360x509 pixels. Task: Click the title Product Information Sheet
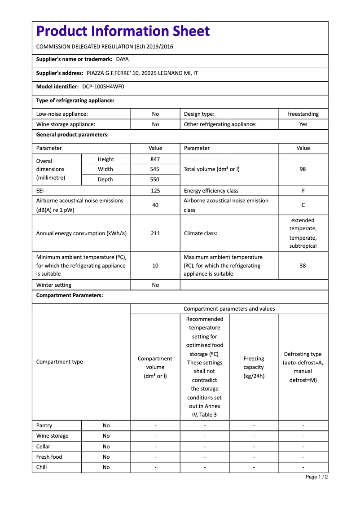[x=123, y=31]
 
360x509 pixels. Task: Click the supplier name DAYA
[x=122, y=59]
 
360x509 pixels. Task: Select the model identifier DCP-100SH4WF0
[x=103, y=86]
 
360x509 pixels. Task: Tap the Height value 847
[x=155, y=159]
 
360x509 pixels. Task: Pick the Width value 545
[x=155, y=169]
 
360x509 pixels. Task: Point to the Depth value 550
[x=155, y=180]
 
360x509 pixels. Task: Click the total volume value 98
[x=303, y=169]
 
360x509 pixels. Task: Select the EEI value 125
[x=155, y=191]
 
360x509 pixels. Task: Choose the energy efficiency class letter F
[x=303, y=191]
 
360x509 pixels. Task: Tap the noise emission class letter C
[x=303, y=205]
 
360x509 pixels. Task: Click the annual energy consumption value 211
[x=155, y=233]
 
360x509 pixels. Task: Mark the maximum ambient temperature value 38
[x=303, y=266]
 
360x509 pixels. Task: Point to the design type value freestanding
[x=303, y=114]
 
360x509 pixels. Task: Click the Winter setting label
[x=54, y=285]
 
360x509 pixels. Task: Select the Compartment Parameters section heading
[x=70, y=295]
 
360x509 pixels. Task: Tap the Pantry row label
[x=44, y=426]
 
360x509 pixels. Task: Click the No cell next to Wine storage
[x=106, y=436]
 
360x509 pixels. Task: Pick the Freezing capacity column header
[x=254, y=367]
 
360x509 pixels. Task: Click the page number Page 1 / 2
[x=316, y=477]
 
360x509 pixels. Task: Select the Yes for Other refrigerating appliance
[x=303, y=124]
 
